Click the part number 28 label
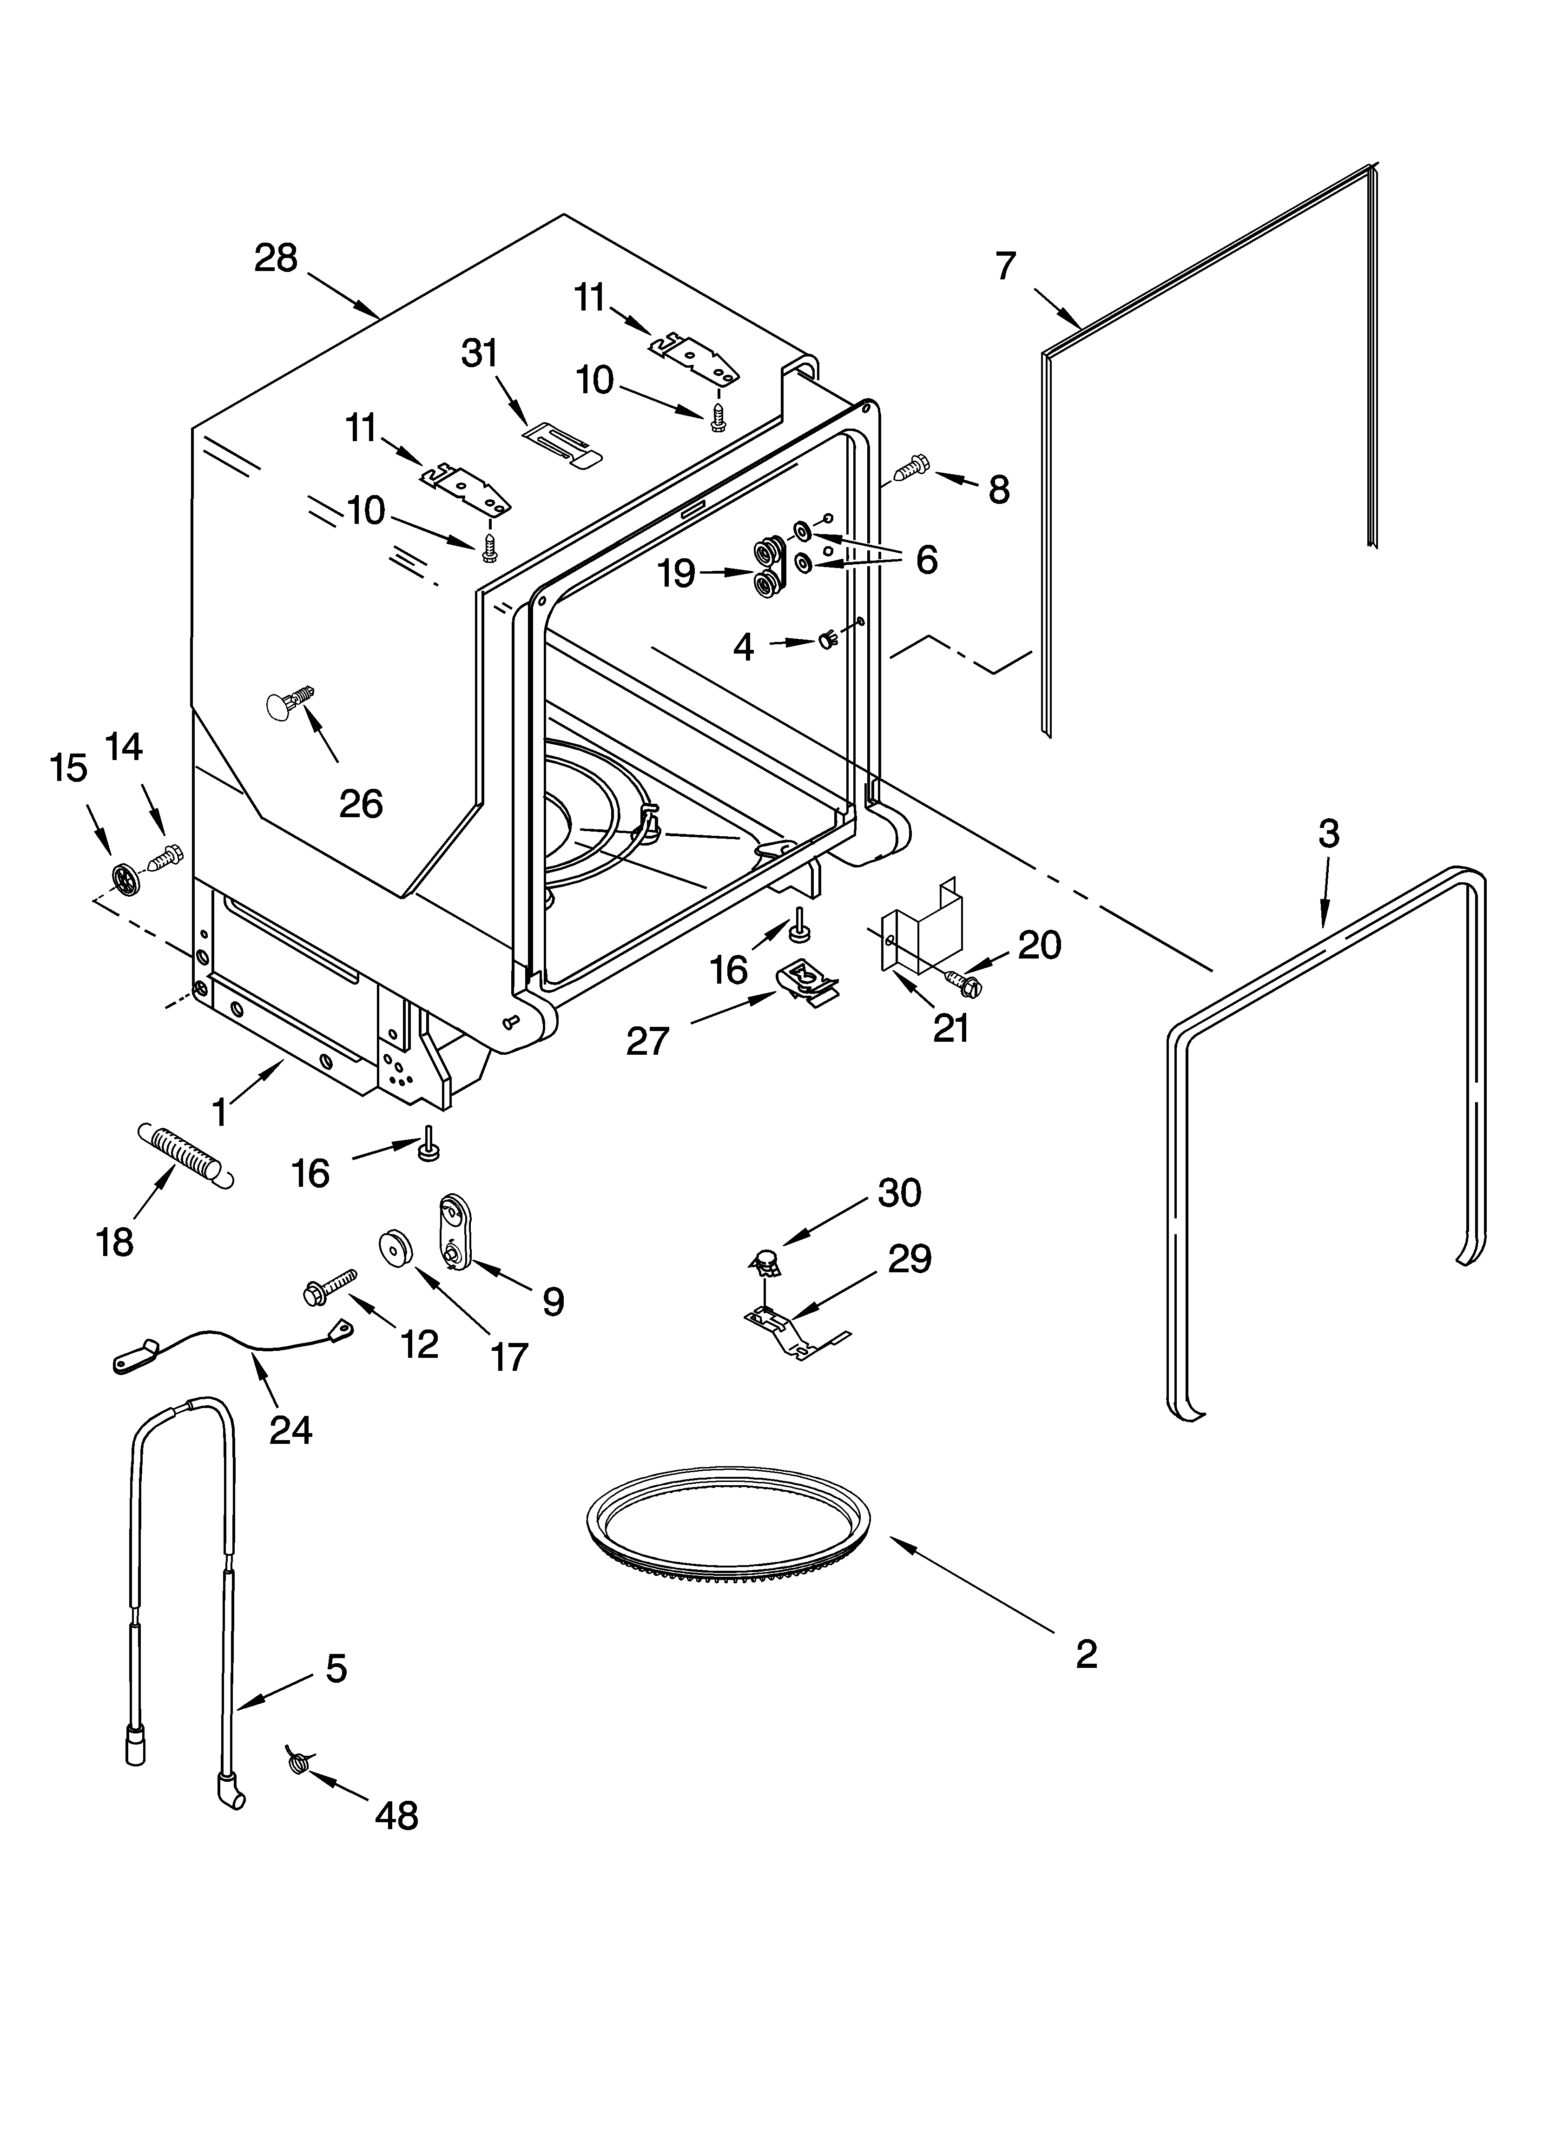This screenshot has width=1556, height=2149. (x=276, y=258)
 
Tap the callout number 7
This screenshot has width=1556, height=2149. (x=1005, y=266)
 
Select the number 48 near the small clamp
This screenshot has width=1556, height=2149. (x=396, y=1815)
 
